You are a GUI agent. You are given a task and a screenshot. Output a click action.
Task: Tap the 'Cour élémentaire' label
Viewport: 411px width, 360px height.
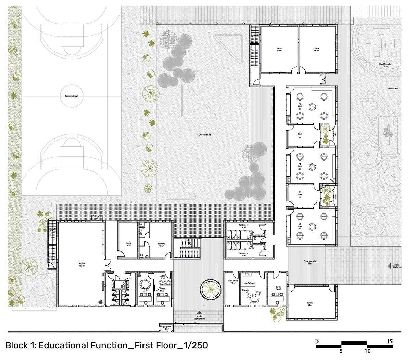pos(204,134)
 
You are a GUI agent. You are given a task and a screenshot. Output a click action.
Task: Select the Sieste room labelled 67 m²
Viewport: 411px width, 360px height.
pos(279,50)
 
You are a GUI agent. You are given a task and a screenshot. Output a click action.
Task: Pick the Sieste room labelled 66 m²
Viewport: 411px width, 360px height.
pos(317,50)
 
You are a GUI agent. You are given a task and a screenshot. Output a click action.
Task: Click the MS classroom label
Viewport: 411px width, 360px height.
pos(300,227)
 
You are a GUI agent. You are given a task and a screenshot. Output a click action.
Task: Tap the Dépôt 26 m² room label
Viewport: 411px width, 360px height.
pos(129,244)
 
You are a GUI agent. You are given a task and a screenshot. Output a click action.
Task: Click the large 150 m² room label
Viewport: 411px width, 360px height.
pos(82,265)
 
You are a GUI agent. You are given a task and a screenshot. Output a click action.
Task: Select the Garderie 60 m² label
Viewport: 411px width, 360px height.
pos(311,304)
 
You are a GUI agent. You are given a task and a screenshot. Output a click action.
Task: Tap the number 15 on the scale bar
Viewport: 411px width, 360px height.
pos(389,342)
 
